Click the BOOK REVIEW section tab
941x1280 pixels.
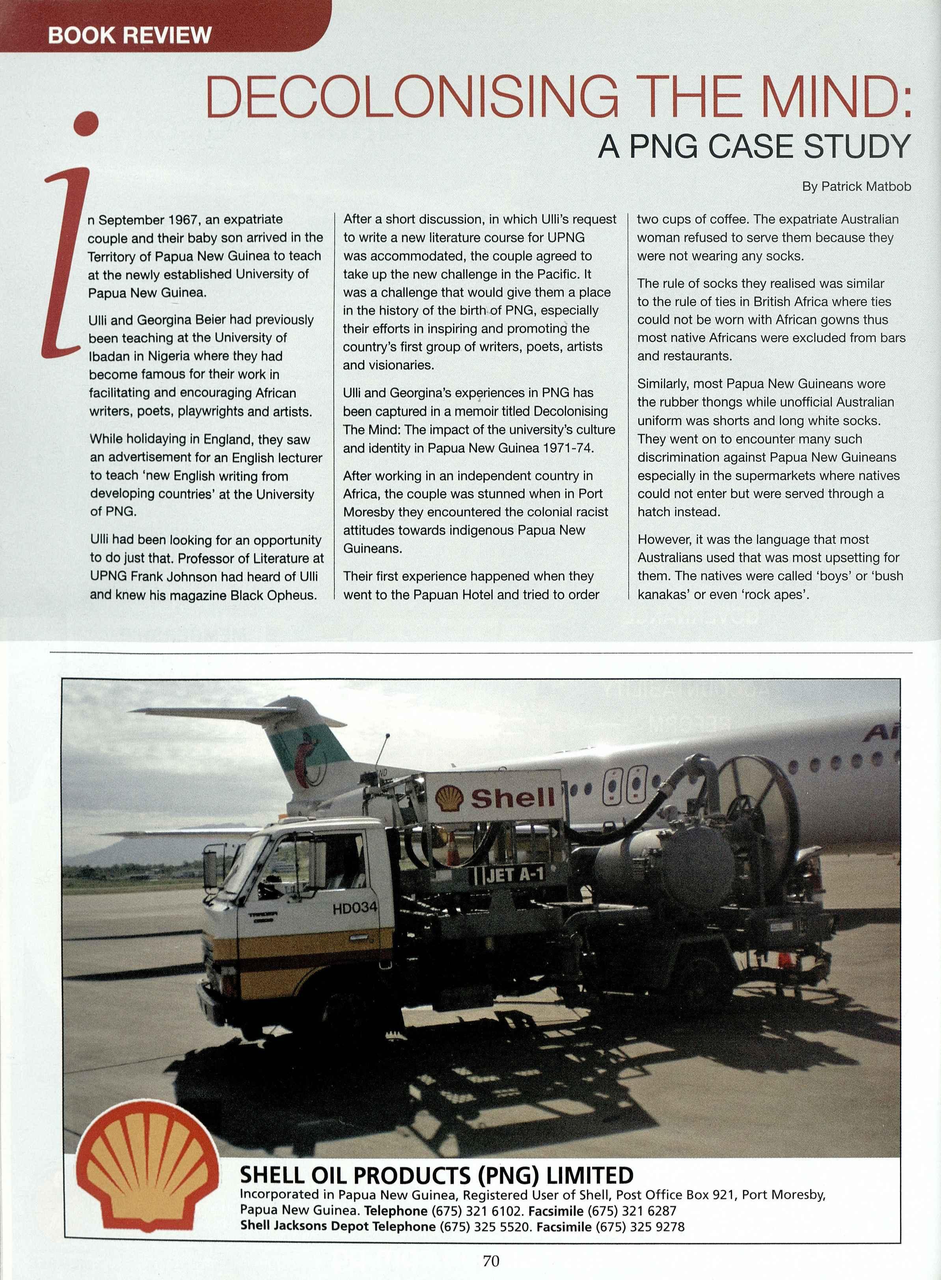point(129,35)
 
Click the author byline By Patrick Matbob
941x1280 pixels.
point(856,186)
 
